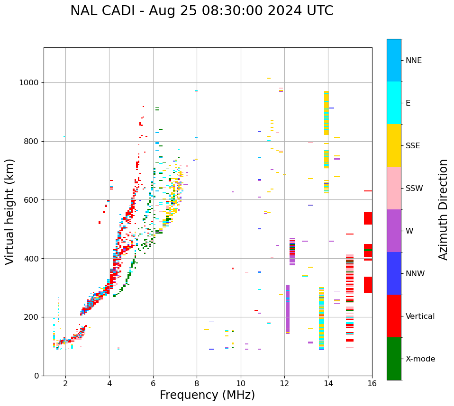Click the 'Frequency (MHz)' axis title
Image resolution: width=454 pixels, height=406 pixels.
pos(207,395)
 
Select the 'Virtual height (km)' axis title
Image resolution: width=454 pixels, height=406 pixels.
pos(10,211)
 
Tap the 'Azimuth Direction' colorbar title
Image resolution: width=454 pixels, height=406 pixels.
pos(443,209)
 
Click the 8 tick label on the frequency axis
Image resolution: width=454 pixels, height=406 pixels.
pos(197,383)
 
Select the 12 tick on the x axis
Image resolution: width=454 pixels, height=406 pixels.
pos(284,383)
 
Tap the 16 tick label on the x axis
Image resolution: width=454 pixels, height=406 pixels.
pos(372,383)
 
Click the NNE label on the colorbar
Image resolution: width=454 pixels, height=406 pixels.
pos(413,61)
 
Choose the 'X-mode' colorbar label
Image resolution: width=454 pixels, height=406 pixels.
pos(420,359)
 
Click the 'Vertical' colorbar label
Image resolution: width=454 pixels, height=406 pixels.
pos(420,316)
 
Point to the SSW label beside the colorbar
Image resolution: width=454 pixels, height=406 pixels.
pos(414,189)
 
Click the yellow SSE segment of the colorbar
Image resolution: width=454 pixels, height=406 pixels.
pos(394,145)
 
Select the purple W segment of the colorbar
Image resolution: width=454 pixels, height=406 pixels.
pos(394,231)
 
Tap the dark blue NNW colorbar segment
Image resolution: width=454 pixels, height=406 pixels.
pos(394,273)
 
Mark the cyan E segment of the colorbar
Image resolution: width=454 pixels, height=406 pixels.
pos(394,103)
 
